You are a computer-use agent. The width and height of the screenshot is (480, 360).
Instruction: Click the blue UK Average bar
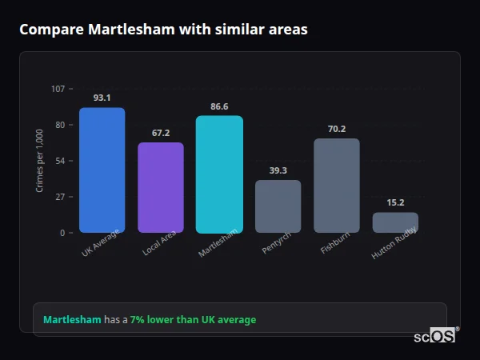[102, 170]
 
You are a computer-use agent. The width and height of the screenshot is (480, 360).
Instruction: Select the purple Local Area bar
[161, 188]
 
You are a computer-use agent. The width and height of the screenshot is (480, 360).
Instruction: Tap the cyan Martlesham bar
[219, 174]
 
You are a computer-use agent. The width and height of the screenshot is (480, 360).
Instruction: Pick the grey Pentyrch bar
[278, 206]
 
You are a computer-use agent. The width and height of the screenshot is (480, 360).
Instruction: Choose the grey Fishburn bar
[337, 186]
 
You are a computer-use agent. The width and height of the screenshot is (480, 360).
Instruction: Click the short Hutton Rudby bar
[395, 222]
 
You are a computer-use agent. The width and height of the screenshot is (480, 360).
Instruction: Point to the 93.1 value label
[102, 98]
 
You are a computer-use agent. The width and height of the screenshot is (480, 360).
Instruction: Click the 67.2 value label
[161, 133]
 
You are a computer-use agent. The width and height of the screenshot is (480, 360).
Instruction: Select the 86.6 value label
[219, 106]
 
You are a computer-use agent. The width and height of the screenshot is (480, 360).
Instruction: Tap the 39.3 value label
[278, 170]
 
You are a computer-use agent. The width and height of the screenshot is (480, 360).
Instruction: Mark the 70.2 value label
[337, 129]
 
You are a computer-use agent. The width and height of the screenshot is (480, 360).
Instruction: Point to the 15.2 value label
[395, 202]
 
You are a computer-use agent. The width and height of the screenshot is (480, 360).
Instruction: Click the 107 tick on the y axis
[58, 89]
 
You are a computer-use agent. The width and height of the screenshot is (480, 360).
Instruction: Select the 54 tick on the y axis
[60, 161]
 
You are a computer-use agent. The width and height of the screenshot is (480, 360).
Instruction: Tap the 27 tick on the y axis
[60, 197]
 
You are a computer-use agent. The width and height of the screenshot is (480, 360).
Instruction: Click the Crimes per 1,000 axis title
[40, 161]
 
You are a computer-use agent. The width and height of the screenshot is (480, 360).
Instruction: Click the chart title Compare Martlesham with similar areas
[163, 29]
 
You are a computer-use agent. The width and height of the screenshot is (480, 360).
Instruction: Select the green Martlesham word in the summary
[72, 320]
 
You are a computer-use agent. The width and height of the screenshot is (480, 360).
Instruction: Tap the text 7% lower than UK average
[193, 320]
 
